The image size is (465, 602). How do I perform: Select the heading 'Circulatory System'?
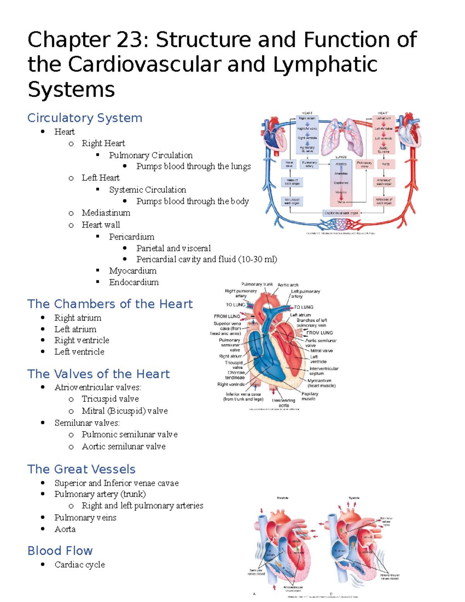click(x=84, y=118)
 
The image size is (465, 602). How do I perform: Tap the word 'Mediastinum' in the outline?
click(x=106, y=213)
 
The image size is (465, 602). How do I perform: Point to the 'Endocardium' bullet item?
click(x=134, y=282)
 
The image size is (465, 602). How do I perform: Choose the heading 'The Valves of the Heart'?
click(x=98, y=374)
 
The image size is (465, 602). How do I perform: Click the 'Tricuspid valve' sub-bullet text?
click(x=110, y=399)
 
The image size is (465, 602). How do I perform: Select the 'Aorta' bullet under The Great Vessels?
click(x=65, y=529)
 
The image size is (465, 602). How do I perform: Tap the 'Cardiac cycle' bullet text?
click(x=79, y=565)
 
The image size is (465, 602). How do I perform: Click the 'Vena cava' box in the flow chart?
click(x=289, y=164)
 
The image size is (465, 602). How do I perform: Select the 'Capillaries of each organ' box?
click(x=341, y=213)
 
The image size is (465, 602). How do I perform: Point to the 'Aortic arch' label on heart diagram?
click(x=288, y=285)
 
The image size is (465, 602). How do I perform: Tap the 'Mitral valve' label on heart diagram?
click(x=321, y=350)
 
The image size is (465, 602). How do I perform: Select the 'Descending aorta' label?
click(x=284, y=403)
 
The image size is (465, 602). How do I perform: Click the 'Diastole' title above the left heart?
click(x=282, y=498)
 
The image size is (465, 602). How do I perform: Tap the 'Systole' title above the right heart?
click(x=354, y=498)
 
